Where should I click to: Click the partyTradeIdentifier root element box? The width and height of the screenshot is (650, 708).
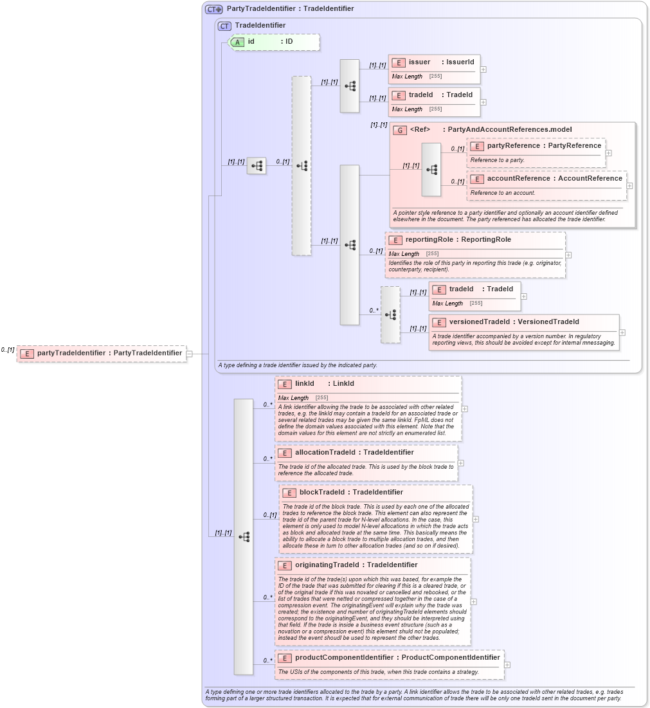pyautogui.click(x=102, y=353)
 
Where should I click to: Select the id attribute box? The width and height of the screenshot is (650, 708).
pyautogui.click(x=274, y=42)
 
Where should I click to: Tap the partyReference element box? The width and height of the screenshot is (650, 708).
pyautogui.click(x=536, y=152)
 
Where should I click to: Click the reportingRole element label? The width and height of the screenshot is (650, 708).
pyautogui.click(x=458, y=239)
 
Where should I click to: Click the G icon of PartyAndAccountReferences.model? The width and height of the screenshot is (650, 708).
pyautogui.click(x=400, y=130)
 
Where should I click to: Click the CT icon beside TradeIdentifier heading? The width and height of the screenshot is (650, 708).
pyautogui.click(x=224, y=26)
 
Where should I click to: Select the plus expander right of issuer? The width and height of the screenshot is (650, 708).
pyautogui.click(x=483, y=69)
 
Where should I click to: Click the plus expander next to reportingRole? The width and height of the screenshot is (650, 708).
pyautogui.click(x=568, y=255)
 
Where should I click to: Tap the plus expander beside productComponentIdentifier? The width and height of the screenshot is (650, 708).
pyautogui.click(x=507, y=665)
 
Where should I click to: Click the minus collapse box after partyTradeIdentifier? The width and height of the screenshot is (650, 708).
pyautogui.click(x=190, y=353)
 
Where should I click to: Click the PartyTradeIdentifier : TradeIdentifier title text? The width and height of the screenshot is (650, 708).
pyautogui.click(x=290, y=9)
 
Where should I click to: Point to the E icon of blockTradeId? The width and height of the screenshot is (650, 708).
pyautogui.click(x=289, y=493)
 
